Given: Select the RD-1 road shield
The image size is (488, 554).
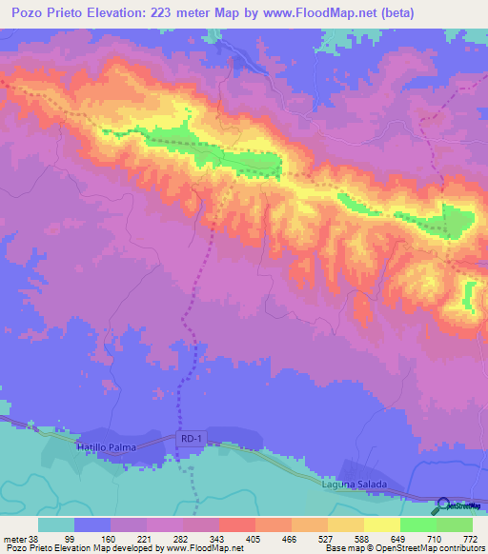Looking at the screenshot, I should (191, 438).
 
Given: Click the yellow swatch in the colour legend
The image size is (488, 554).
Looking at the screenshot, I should (381, 524).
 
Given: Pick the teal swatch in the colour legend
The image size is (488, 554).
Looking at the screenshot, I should (56, 524).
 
